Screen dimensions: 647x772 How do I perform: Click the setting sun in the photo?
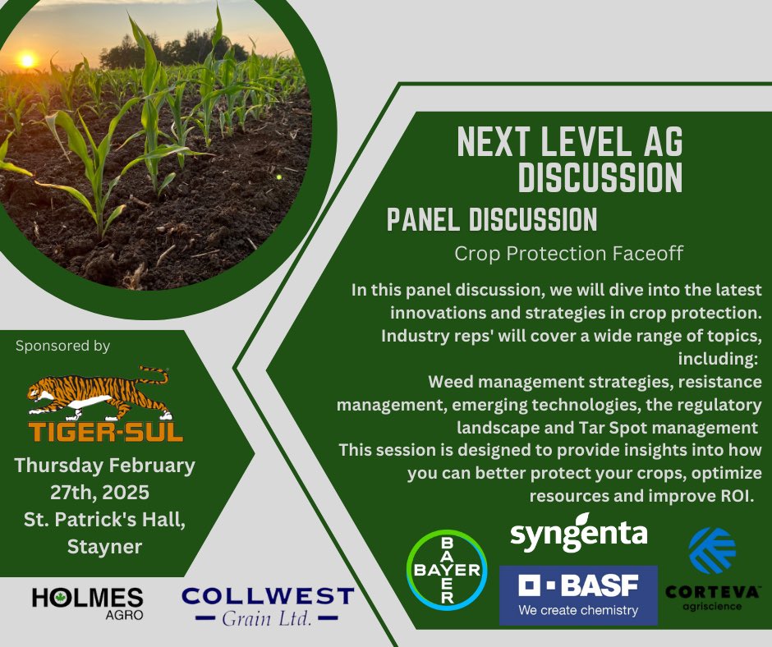click(x=27, y=60)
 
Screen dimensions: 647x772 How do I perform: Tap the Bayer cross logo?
click(x=447, y=570)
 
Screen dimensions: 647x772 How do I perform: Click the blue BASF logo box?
click(x=578, y=594)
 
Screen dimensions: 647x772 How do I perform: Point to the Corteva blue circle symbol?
click(x=712, y=550)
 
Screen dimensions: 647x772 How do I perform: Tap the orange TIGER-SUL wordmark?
click(x=105, y=432)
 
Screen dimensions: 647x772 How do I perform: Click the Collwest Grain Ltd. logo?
click(x=268, y=606)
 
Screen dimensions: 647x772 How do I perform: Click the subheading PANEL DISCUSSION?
click(x=491, y=219)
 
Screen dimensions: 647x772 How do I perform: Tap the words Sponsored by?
click(x=62, y=346)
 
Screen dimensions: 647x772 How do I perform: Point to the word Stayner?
click(x=106, y=545)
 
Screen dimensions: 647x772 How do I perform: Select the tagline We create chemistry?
click(x=578, y=610)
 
